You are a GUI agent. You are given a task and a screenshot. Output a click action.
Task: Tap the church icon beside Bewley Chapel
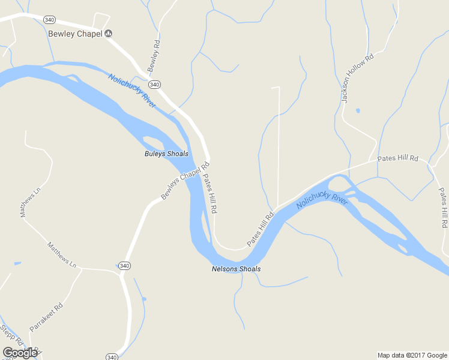tap(109, 34)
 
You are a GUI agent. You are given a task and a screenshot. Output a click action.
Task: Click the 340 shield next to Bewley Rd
tap(154, 85)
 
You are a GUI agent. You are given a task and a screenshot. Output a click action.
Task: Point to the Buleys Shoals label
tap(166, 154)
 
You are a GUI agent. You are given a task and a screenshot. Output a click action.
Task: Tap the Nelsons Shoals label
tap(236, 269)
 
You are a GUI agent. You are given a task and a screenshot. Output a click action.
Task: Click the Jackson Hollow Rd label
tap(357, 78)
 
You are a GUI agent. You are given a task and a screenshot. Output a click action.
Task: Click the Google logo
tap(20, 353)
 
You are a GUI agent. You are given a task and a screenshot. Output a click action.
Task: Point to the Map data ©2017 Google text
tap(412, 355)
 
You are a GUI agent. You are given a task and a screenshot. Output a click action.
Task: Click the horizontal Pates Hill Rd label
tap(397, 158)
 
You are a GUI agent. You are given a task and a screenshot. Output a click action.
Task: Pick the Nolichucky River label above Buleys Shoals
tap(132, 91)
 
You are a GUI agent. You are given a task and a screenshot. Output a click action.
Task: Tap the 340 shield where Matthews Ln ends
tap(124, 266)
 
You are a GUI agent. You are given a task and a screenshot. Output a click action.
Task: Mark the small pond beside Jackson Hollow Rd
tap(358, 110)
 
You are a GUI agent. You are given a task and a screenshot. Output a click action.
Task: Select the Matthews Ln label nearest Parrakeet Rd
tap(62, 255)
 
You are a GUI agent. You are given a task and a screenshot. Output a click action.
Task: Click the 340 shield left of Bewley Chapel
tap(50, 20)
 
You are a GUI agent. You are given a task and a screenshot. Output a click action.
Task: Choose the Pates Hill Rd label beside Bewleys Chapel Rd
tap(209, 194)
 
